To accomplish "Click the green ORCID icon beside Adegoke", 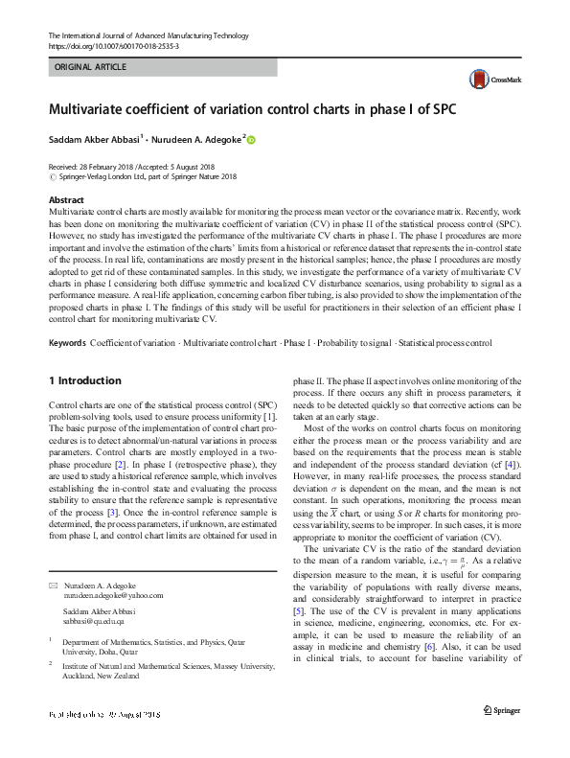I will (253, 139).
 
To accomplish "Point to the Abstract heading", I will (66, 199).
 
